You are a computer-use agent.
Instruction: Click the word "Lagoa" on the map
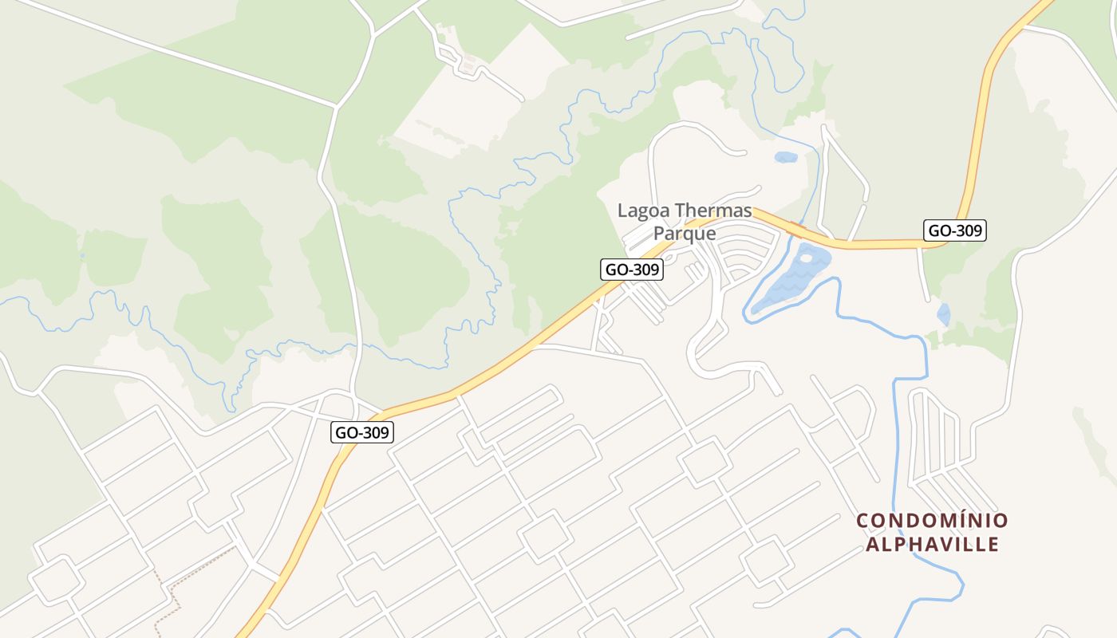644,211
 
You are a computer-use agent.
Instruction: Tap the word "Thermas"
713,211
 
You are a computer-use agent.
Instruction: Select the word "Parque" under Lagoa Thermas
684,234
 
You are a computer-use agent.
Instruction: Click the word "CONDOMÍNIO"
932,521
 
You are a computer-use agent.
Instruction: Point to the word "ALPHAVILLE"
932,545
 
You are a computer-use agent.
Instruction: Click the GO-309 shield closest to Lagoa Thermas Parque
632,270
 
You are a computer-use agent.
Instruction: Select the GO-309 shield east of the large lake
955,231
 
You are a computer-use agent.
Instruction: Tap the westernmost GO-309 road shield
362,432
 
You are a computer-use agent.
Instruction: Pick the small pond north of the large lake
786,157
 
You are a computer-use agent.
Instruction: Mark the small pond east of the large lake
944,314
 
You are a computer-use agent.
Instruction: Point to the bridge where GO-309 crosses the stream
795,229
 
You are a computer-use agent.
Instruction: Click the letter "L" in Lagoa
622,211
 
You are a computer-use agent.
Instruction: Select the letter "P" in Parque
659,234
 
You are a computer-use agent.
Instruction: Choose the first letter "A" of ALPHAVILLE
872,545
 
